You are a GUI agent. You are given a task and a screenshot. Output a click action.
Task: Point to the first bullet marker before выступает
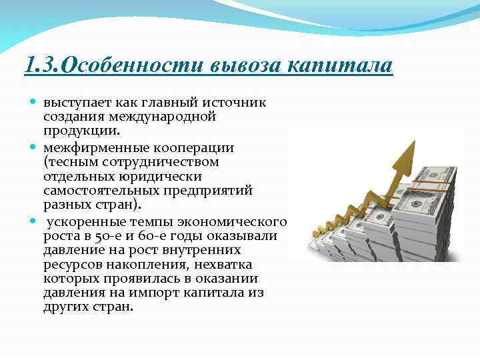35,103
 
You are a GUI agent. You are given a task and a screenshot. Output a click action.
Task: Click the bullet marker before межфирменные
35,147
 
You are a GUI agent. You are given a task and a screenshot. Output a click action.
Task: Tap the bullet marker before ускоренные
35,221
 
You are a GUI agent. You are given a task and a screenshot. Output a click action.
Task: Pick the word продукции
75,131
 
